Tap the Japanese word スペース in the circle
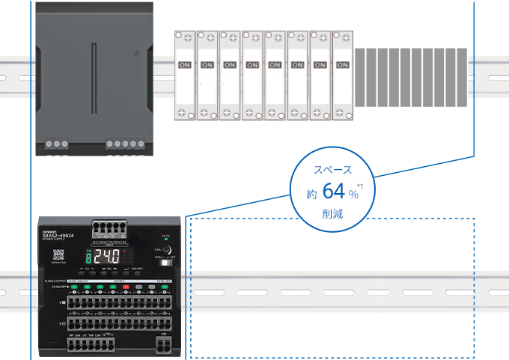tap(333, 170)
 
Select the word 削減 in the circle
tap(333, 215)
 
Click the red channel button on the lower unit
tap(126, 287)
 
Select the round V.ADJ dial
tap(165, 250)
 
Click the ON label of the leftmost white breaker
tap(185, 64)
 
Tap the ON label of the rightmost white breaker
tap(342, 64)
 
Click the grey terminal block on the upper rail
tap(410, 76)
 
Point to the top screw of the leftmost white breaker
tap(185, 36)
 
